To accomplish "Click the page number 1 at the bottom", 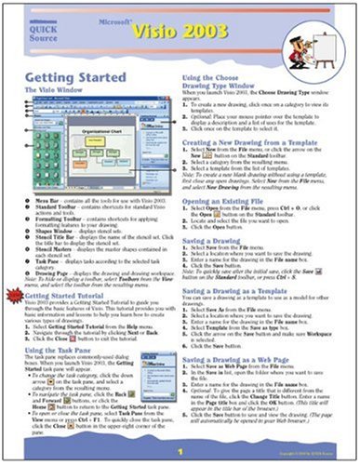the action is (x=180, y=449).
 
